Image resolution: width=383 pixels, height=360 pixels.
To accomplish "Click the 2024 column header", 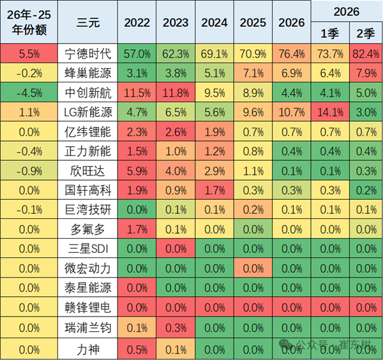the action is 214,22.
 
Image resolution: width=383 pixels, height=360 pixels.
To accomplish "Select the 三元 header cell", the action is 87,22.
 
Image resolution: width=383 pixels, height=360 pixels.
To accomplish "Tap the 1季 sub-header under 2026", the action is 330,33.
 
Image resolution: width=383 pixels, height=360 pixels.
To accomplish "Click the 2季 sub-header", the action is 366,33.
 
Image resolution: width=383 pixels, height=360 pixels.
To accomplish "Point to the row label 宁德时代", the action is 87,54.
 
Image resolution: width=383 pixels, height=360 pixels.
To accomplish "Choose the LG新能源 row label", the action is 87,112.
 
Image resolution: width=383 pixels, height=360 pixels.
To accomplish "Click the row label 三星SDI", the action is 87,249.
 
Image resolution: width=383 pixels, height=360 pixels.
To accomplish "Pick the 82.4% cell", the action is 366,54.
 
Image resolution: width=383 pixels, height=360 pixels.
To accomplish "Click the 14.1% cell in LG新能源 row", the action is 330,112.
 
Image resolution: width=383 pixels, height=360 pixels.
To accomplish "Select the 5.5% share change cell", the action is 29,54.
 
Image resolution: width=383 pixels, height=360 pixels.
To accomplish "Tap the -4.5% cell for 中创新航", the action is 29,93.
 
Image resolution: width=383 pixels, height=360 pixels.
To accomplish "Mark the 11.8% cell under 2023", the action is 176,93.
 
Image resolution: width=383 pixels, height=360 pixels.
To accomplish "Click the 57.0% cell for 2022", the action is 137,54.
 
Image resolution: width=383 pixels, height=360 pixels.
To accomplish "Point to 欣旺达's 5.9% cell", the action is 137,170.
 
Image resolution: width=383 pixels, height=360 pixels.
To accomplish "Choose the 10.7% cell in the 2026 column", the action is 292,112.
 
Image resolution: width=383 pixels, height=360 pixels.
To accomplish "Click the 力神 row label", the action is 87,349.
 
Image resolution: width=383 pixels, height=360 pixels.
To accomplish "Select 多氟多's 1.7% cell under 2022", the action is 137,229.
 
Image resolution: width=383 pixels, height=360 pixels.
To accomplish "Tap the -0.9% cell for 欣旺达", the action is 29,170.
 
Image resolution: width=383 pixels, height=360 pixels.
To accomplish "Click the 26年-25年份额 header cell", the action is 29,22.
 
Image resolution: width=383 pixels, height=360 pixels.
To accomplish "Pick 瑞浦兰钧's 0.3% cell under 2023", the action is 176,327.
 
